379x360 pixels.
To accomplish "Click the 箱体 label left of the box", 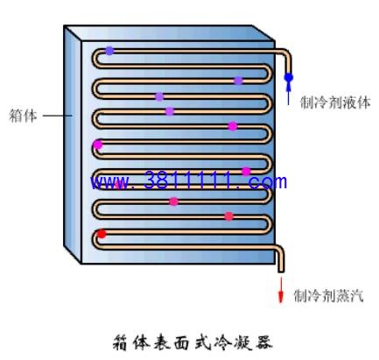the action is tap(24, 116).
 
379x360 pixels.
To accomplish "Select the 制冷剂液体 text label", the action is tap(335, 102).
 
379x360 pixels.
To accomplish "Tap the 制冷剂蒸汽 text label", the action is tap(328, 296).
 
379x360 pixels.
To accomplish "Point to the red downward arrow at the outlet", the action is tap(281, 290).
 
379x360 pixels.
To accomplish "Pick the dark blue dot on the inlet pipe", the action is tap(289, 77).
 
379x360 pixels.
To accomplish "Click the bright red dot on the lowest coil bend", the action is tap(102, 234).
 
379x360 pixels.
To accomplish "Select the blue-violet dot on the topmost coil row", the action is tap(109, 51).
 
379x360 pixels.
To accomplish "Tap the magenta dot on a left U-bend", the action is tap(98, 145).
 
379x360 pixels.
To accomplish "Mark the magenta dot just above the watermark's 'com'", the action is tap(246, 172).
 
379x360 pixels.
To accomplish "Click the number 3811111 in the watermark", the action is tap(188, 180).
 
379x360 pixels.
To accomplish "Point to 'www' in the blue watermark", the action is tap(109, 182).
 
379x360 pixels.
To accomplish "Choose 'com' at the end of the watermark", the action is tap(268, 182).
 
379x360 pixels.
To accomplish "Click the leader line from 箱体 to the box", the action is tap(58, 116).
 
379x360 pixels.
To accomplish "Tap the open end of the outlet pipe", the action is tap(281, 272).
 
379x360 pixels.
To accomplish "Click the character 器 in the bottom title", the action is tap(263, 342).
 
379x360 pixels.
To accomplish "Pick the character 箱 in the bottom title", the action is tap(121, 342).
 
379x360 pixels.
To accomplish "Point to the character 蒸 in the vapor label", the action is tap(342, 296).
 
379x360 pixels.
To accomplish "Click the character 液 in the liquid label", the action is tap(349, 102).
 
